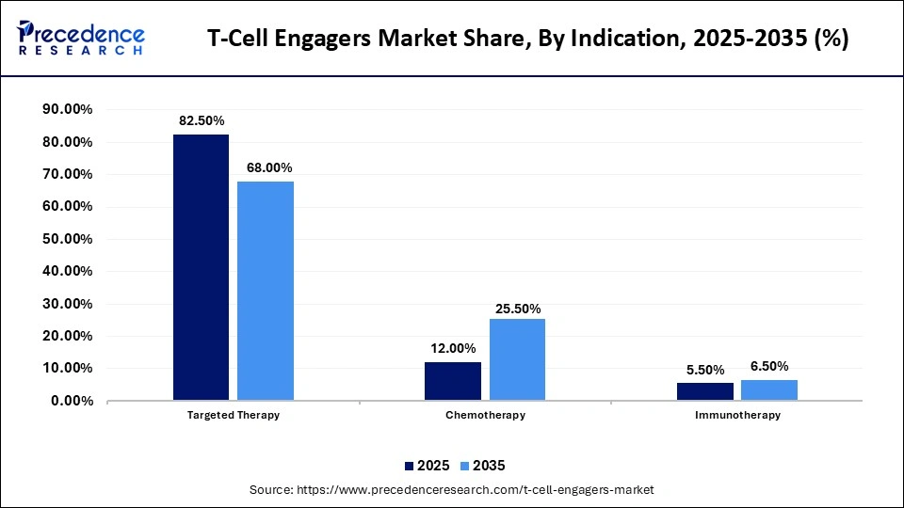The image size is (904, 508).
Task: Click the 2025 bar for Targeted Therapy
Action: (x=201, y=267)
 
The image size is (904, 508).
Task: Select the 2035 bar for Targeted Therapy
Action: (x=266, y=291)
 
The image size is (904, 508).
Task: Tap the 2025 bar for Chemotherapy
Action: (x=453, y=381)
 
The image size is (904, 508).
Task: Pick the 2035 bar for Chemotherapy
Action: (x=517, y=359)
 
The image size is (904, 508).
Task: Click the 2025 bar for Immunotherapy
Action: (x=704, y=391)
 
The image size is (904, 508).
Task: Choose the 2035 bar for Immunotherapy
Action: (x=768, y=389)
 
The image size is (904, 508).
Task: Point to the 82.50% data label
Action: (x=201, y=121)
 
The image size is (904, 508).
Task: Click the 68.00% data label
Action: (x=266, y=168)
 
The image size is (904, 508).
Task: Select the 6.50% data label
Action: (x=768, y=367)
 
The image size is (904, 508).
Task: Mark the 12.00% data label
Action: (x=453, y=349)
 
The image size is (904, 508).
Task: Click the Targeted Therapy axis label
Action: (x=234, y=415)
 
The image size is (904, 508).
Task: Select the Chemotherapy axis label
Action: (x=485, y=415)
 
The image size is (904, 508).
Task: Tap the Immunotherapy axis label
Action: (x=736, y=415)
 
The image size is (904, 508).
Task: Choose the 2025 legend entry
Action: (x=427, y=466)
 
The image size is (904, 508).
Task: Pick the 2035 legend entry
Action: (x=483, y=466)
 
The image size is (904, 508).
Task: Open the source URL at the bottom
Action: (x=451, y=490)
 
